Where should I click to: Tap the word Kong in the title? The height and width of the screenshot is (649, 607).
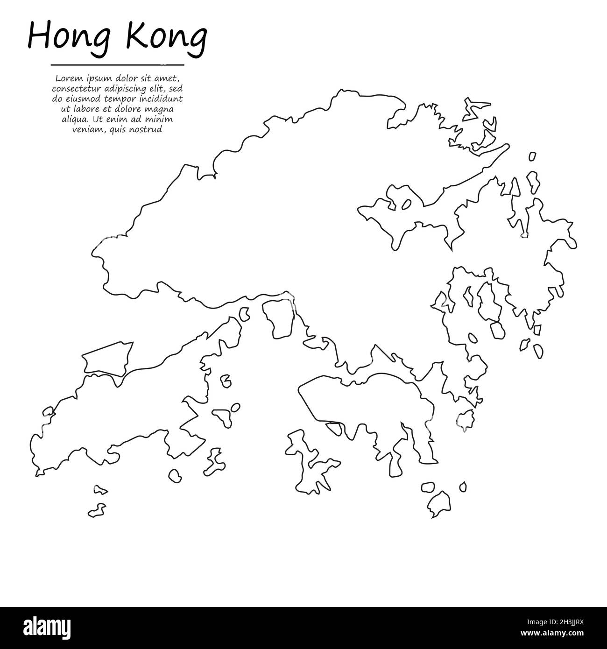[166, 37]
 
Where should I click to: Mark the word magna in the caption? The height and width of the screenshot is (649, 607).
[161, 109]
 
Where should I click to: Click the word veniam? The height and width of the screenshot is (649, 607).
[84, 130]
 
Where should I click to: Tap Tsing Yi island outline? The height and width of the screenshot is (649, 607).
[279, 317]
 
